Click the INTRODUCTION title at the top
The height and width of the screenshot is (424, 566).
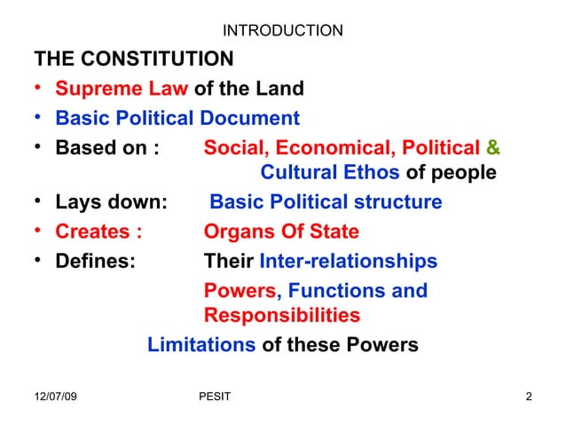[282, 32]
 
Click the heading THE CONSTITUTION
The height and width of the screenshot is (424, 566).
[134, 60]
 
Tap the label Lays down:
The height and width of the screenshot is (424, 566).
[111, 202]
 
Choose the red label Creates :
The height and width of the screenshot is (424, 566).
[98, 232]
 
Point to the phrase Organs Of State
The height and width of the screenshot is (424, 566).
[281, 232]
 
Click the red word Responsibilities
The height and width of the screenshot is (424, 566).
[282, 316]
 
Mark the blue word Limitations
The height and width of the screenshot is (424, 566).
[201, 345]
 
